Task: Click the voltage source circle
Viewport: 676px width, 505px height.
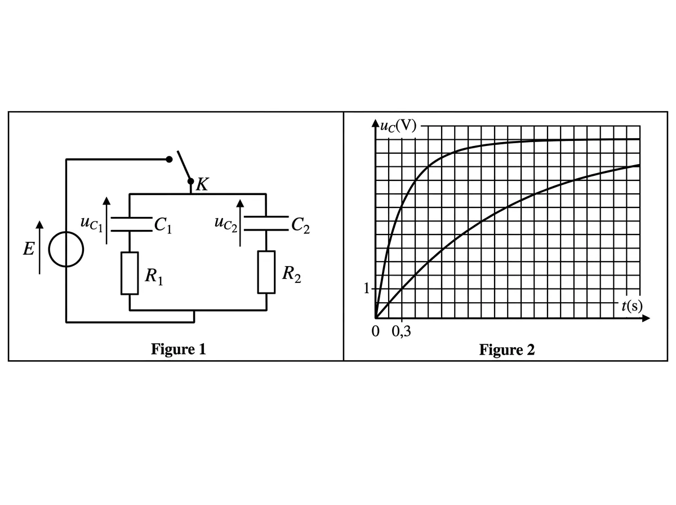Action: [x=48, y=250]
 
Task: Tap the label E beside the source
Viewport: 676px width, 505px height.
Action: [x=29, y=249]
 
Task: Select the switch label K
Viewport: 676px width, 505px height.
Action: [x=202, y=184]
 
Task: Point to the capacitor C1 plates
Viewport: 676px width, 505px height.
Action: [x=131, y=224]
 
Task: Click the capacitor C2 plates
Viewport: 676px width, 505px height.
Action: [x=266, y=223]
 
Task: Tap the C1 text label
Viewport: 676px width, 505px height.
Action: [x=163, y=225]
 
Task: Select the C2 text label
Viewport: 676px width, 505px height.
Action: [x=301, y=225]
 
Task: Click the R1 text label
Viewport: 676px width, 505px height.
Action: [x=154, y=276]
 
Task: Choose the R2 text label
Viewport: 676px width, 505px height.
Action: [x=291, y=274]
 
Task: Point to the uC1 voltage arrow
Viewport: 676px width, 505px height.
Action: [x=106, y=220]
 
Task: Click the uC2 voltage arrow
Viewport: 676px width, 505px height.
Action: [x=240, y=223]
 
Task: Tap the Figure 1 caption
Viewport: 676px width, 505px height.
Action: [x=179, y=349]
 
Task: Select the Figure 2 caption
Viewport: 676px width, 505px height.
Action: [x=507, y=350]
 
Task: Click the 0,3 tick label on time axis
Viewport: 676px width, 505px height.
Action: [x=401, y=331]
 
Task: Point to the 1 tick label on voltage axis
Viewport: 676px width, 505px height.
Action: [x=366, y=289]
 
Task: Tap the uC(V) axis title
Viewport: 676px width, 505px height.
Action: [x=398, y=126]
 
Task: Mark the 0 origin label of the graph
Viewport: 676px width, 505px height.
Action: [x=375, y=331]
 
